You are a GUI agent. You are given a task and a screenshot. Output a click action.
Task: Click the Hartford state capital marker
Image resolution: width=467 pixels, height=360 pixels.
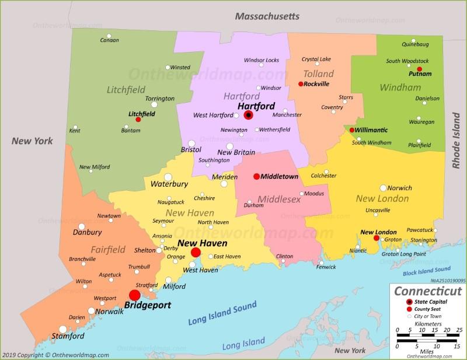point(249,116)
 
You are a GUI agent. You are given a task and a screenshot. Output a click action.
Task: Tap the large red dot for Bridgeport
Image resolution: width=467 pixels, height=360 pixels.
point(135,295)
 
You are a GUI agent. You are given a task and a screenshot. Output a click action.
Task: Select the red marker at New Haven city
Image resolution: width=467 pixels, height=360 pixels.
point(196,253)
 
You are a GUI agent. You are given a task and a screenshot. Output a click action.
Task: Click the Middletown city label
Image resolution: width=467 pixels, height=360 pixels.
point(280,176)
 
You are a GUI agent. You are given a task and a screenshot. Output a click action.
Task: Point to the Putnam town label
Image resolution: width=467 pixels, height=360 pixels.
point(420,74)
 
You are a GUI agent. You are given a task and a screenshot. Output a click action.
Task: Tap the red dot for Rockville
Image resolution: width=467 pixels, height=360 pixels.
point(301,84)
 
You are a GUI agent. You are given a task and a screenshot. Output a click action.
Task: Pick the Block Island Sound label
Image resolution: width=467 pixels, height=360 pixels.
point(426,271)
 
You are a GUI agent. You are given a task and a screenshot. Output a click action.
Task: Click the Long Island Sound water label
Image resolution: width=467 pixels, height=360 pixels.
point(222,314)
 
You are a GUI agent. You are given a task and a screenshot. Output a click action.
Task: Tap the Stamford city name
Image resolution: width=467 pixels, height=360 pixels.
point(68,336)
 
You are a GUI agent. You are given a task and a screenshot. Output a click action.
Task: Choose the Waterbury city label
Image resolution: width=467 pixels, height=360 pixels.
point(169,184)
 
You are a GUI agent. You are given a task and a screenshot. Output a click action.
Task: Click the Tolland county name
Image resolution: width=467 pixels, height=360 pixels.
point(318,74)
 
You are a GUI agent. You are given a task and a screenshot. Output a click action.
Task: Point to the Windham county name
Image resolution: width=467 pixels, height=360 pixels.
point(400,88)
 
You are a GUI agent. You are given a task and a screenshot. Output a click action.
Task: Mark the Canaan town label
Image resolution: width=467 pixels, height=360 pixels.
point(109,40)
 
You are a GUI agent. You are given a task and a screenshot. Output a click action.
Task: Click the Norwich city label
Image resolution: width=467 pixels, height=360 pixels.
point(400,188)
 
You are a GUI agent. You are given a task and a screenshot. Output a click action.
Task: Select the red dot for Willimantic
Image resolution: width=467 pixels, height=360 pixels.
point(352,130)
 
